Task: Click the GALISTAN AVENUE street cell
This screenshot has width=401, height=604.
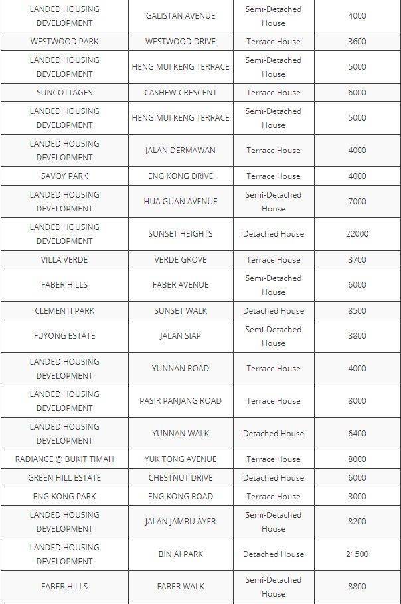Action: [x=181, y=16]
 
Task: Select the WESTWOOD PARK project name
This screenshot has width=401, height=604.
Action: [x=64, y=41]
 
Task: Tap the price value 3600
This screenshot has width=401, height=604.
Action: [x=357, y=41]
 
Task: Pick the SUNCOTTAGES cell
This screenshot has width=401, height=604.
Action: [x=64, y=92]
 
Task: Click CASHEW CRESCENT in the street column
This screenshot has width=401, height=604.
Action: [x=181, y=92]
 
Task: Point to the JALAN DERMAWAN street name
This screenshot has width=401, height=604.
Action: [x=181, y=151]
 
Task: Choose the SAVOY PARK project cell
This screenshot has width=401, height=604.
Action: [x=64, y=176]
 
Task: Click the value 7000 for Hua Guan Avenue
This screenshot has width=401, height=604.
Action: [x=357, y=202]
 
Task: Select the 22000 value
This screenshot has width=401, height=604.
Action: [x=357, y=234]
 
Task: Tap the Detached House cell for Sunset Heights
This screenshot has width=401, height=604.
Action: [x=273, y=234]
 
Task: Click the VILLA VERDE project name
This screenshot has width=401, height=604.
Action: [x=64, y=260]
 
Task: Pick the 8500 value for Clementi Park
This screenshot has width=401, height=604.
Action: [x=357, y=310]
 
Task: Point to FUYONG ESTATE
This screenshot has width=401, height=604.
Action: [x=64, y=336]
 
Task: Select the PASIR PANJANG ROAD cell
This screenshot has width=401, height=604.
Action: [x=181, y=401]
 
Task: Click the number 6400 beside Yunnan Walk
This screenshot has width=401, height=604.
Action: [x=357, y=434]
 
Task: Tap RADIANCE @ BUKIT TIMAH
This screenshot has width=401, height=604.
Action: [x=64, y=459]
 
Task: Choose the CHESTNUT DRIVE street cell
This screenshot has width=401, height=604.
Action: [x=181, y=478]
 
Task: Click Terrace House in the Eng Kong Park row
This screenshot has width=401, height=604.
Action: [x=273, y=497]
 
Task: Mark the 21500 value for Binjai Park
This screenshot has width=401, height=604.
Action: [x=357, y=554]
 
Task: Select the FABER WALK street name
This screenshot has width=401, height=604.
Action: [x=181, y=587]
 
